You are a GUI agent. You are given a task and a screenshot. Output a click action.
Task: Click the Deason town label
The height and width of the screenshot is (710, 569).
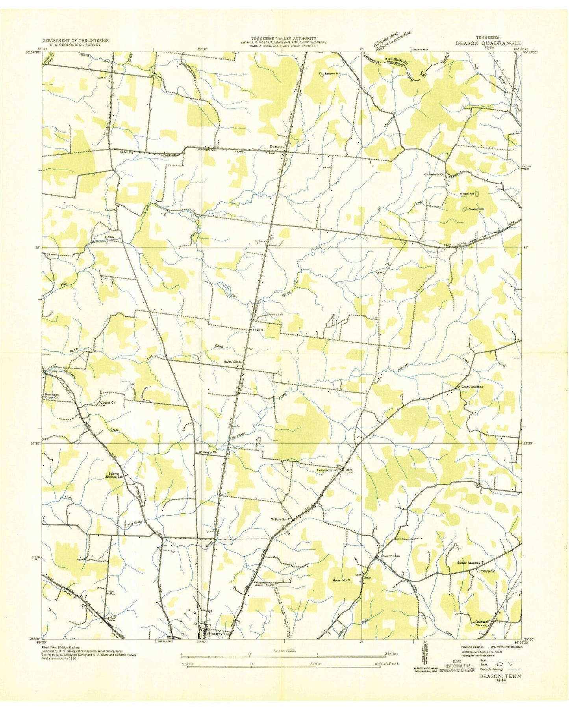click(x=275, y=147)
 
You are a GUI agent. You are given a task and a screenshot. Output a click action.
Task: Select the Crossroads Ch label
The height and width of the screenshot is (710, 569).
click(x=434, y=174)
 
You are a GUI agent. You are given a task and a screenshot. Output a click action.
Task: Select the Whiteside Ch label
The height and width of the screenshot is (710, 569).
click(x=208, y=452)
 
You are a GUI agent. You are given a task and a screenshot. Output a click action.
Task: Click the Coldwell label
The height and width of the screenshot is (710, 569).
click(x=482, y=622)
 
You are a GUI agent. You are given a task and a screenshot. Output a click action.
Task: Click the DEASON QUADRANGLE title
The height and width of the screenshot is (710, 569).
click(x=488, y=43)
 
